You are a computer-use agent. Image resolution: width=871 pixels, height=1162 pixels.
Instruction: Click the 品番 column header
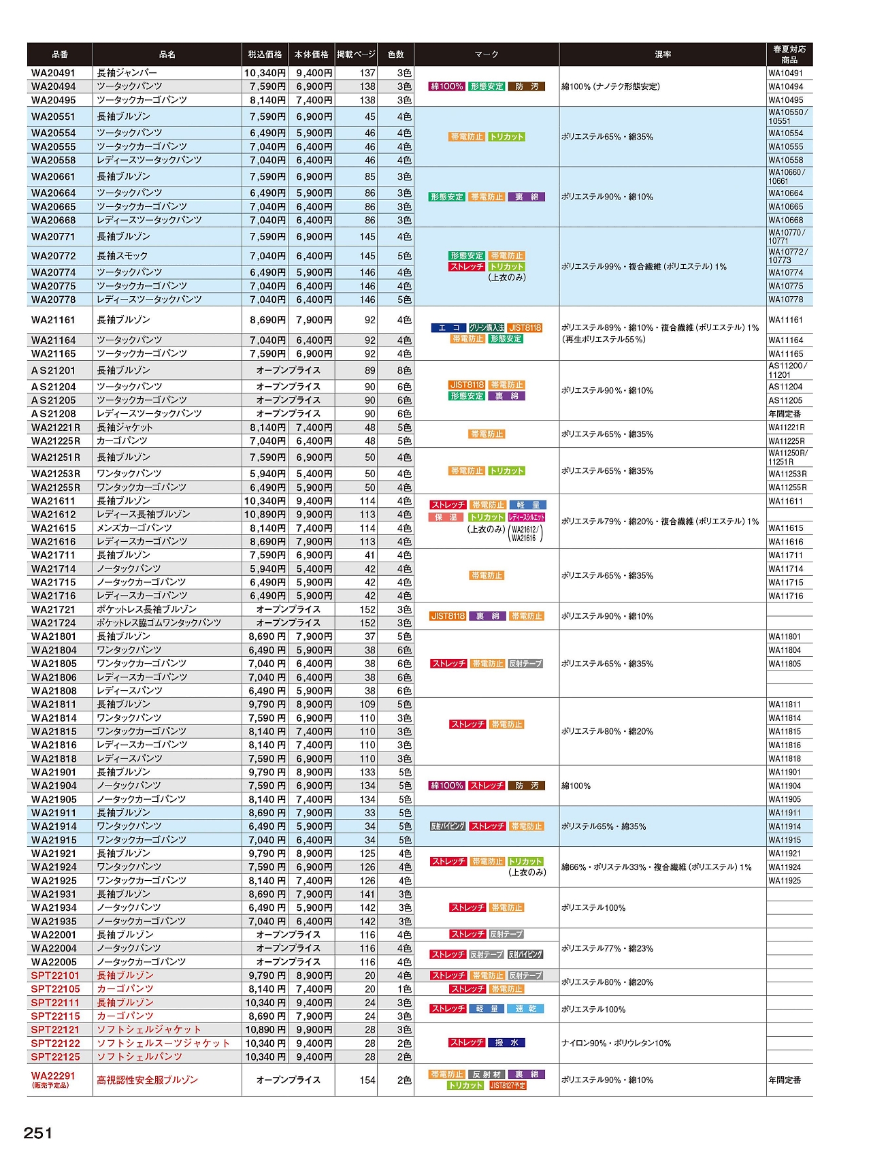pos(60,54)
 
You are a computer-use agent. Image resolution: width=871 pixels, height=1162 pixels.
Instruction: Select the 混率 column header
pos(662,54)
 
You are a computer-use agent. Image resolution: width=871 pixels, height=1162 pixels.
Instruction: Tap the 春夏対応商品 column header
pos(789,54)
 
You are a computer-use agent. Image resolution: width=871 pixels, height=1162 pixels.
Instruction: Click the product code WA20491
pos(53,73)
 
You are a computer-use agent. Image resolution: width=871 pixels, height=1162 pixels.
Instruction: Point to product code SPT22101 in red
pos(55,975)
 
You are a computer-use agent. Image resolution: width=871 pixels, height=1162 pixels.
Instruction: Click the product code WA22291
pos(53,1076)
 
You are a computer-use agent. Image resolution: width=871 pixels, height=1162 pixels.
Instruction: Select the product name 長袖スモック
pos(122,256)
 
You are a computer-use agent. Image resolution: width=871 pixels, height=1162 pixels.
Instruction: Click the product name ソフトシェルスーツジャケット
pos(163,1044)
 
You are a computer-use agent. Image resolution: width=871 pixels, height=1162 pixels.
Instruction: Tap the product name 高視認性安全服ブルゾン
pos(147,1080)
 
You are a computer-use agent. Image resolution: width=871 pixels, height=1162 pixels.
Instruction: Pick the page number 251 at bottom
pos(38,1133)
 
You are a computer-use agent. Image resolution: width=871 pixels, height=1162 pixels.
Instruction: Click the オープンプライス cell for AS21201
pos(288,370)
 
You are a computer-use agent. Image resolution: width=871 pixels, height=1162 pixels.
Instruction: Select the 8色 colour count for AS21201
pos(404,370)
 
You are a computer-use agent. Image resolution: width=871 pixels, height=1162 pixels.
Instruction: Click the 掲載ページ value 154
pos(367,1080)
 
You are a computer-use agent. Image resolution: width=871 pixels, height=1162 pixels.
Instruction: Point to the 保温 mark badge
pos(447,517)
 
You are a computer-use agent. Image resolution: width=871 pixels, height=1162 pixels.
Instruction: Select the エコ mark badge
pos(448,328)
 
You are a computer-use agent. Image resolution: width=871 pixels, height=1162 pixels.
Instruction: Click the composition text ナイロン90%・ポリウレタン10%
pos(616,1044)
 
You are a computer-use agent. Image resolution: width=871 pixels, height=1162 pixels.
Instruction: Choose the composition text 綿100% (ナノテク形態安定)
pos(610,86)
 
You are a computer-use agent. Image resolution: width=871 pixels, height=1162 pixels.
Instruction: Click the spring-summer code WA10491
pos(786,74)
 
